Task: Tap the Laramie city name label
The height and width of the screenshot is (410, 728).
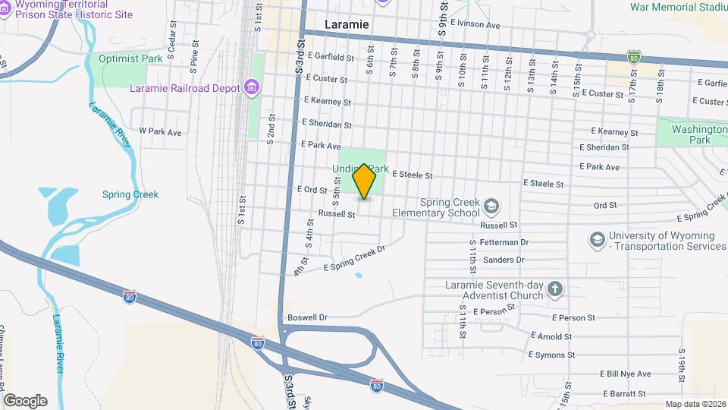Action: pyautogui.click(x=347, y=24)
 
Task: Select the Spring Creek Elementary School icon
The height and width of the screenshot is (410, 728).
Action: pyautogui.click(x=491, y=206)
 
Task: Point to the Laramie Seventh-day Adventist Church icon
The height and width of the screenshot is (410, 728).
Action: pyautogui.click(x=555, y=289)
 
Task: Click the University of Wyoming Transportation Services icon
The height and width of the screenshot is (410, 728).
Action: pyautogui.click(x=597, y=240)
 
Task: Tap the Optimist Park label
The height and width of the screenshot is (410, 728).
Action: pyautogui.click(x=120, y=58)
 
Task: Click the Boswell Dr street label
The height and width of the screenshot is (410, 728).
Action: pyautogui.click(x=307, y=317)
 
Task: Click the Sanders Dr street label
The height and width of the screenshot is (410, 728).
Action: pyautogui.click(x=504, y=260)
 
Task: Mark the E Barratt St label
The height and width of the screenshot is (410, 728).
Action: pyautogui.click(x=625, y=393)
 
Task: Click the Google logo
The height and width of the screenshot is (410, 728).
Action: pyautogui.click(x=25, y=400)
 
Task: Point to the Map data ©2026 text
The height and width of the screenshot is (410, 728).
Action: pyautogui.click(x=694, y=404)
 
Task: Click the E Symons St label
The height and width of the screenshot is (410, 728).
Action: pyautogui.click(x=557, y=355)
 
